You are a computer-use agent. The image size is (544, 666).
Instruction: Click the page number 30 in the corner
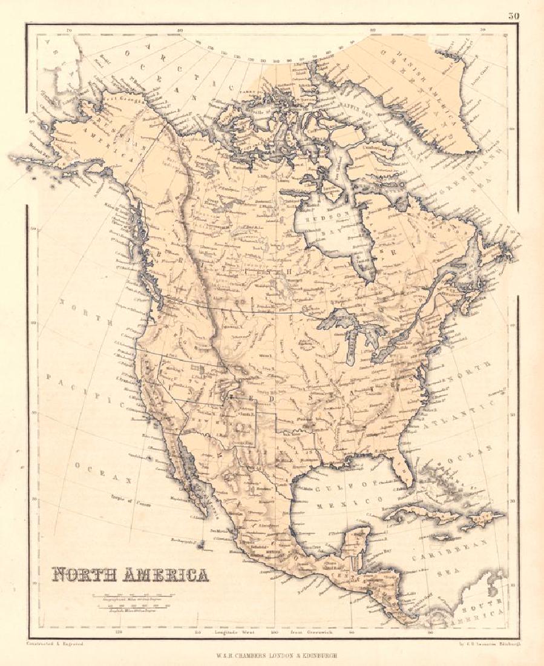513,16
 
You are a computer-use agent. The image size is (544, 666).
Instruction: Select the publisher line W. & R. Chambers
271,655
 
